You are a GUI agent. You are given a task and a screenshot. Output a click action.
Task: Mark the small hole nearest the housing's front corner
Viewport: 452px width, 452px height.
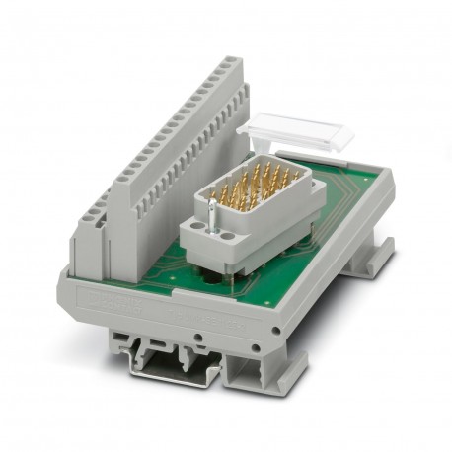261,346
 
